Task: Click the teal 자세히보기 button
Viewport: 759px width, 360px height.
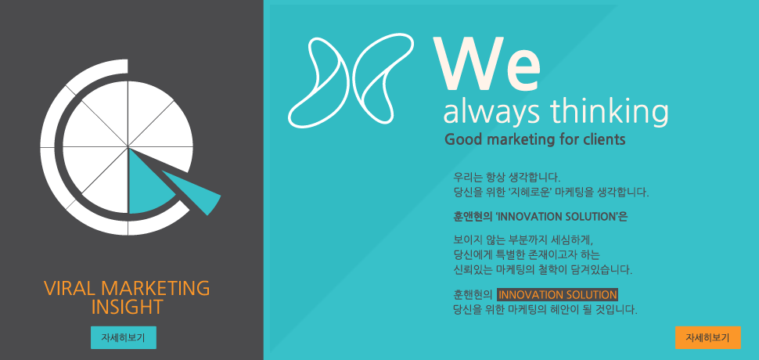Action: [x=124, y=338]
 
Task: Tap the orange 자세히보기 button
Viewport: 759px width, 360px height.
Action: [x=707, y=338]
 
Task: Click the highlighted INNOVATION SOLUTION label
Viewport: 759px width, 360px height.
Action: [x=558, y=295]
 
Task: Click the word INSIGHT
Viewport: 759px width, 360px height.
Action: [x=127, y=307]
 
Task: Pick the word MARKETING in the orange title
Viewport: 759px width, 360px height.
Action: [x=156, y=288]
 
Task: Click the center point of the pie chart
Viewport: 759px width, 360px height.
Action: [x=128, y=146]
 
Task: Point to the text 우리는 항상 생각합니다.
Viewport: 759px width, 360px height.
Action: [x=507, y=176]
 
